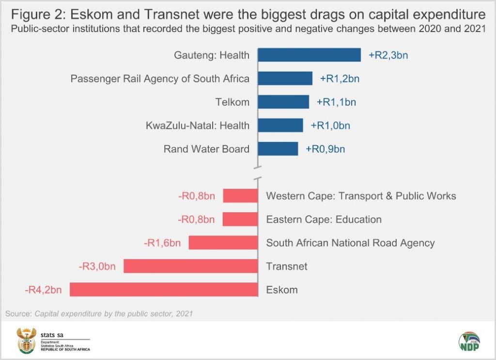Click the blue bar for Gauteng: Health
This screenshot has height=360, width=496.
pyautogui.click(x=309, y=55)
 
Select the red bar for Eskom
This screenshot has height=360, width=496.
pyautogui.click(x=163, y=290)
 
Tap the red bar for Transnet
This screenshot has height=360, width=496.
pyautogui.click(x=190, y=266)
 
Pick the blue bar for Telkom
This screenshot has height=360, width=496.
pyautogui.click(x=283, y=102)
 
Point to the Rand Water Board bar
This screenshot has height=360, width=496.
pyautogui.click(x=278, y=149)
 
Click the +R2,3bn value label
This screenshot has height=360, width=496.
pyautogui.click(x=388, y=55)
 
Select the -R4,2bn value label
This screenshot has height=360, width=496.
pyautogui.click(x=43, y=290)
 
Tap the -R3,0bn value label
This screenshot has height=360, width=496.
pyautogui.click(x=97, y=266)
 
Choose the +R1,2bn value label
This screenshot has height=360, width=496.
pyautogui.click(x=340, y=78)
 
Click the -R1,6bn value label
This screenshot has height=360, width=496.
pyautogui.click(x=162, y=243)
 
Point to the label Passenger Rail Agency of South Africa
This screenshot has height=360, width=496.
pyautogui.click(x=160, y=78)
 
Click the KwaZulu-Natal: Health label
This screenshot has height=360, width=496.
pyautogui.click(x=198, y=125)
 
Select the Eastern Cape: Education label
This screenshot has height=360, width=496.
pyautogui.click(x=324, y=219)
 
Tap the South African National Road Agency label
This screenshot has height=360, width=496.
pyautogui.click(x=350, y=243)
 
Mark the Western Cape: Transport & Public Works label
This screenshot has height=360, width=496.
pyautogui.click(x=361, y=196)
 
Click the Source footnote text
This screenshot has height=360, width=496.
pyautogui.click(x=99, y=314)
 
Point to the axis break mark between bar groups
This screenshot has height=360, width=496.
pyautogui.click(x=257, y=172)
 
